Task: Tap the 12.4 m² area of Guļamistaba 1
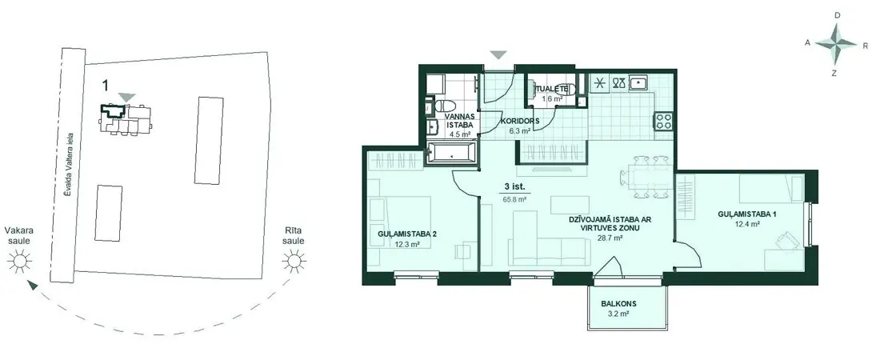click(747, 224)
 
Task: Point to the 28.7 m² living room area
click(611, 238)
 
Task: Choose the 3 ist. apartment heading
click(514, 186)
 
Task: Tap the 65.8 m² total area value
click(514, 199)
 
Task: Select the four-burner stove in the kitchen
click(663, 121)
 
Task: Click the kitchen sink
click(640, 83)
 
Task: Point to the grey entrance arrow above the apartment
click(498, 55)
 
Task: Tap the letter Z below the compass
click(834, 73)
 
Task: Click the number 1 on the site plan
click(106, 86)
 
